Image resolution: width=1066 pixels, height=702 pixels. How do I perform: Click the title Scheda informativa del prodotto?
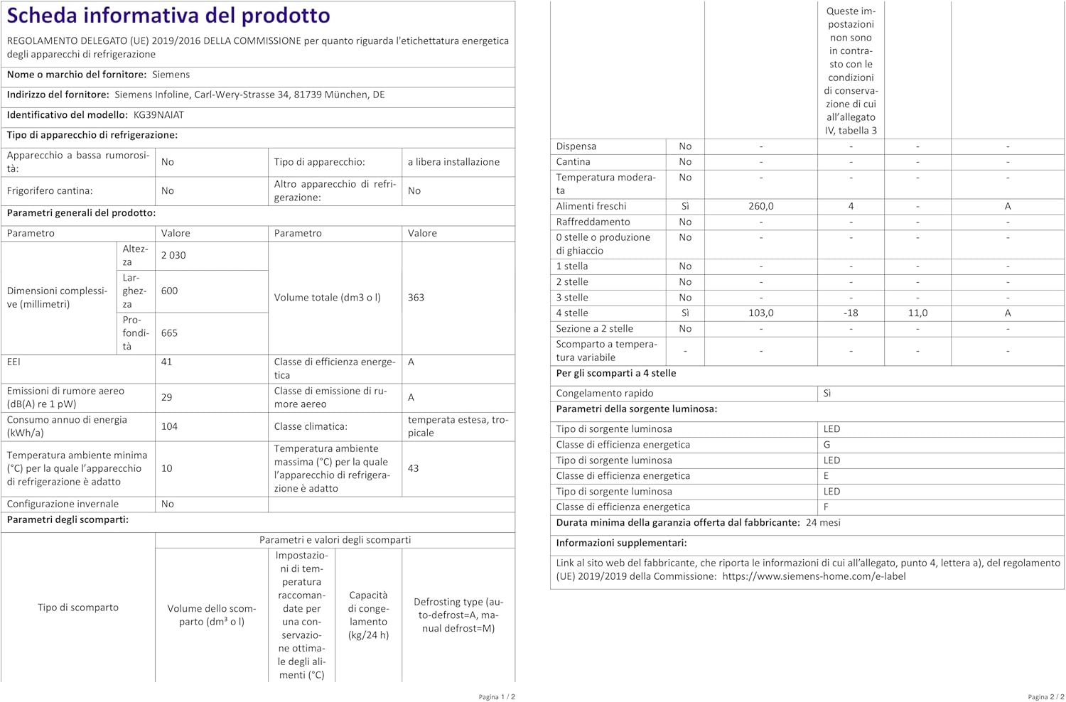[x=168, y=16]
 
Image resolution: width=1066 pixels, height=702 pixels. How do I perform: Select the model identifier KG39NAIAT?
[x=158, y=114]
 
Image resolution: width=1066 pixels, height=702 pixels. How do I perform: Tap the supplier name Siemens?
[x=171, y=75]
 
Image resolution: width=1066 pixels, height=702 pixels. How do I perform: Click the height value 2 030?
[x=173, y=255]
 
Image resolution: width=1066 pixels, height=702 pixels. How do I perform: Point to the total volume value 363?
[x=416, y=297]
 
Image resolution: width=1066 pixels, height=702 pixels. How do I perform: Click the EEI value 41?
[x=166, y=362]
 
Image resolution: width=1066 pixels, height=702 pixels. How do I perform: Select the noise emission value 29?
[x=166, y=397]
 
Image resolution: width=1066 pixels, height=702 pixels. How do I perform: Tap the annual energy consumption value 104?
[x=169, y=426]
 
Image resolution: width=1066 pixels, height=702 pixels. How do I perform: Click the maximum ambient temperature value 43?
[x=413, y=468]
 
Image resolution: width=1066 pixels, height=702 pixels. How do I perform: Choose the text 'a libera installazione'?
[x=453, y=162]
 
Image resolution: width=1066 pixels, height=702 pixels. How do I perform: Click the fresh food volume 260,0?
[x=760, y=206]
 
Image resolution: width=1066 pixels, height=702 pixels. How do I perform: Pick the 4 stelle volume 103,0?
[x=760, y=313]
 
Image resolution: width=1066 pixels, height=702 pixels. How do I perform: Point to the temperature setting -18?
[x=851, y=313]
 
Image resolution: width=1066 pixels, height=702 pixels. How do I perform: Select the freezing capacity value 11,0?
[x=917, y=313]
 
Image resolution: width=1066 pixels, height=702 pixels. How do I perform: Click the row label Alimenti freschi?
[x=591, y=206]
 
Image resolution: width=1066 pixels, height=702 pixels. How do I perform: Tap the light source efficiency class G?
[x=827, y=445]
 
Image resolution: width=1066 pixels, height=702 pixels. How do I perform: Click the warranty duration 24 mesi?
[x=823, y=522]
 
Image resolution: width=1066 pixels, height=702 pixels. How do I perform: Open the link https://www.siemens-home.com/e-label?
[x=814, y=576]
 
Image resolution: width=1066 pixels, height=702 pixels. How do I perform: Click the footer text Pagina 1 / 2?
[x=497, y=697]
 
